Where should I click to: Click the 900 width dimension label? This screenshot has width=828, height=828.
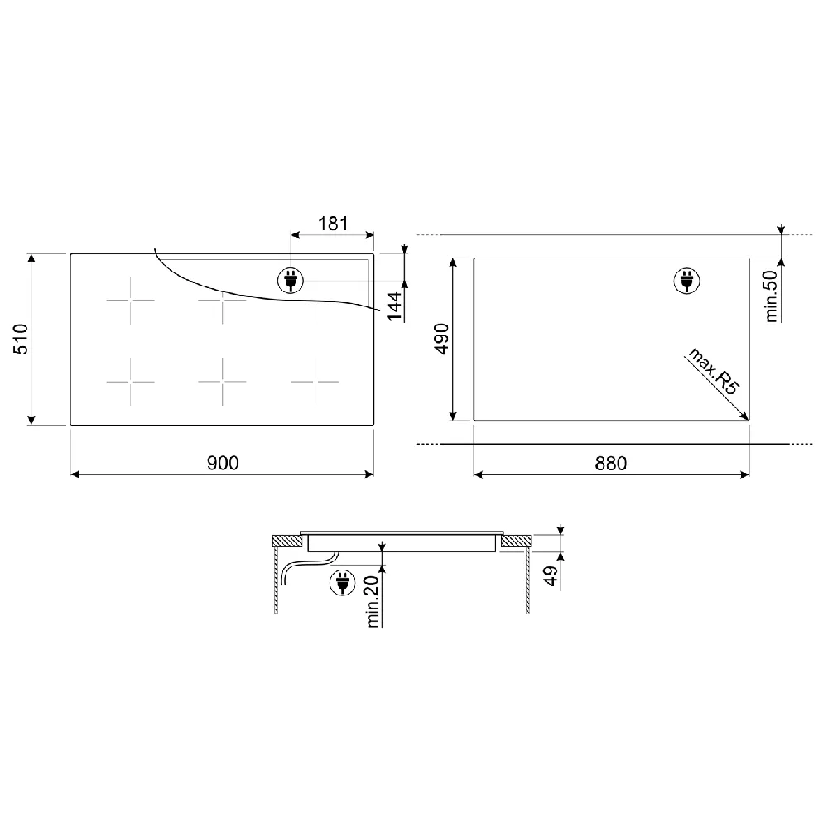[x=222, y=463]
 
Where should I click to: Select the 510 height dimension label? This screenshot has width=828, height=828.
[x=22, y=339]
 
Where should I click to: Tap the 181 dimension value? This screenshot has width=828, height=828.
[x=333, y=224]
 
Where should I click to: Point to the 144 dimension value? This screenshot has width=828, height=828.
[x=394, y=306]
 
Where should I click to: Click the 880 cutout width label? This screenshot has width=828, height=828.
[x=611, y=464]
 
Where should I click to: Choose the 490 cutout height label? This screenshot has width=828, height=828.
[x=441, y=339]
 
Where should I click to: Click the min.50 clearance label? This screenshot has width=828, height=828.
[x=771, y=296]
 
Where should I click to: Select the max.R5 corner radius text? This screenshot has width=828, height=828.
[x=714, y=371]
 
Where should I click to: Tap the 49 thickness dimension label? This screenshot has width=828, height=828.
[x=551, y=576]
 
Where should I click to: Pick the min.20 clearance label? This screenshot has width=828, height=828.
[x=373, y=601]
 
